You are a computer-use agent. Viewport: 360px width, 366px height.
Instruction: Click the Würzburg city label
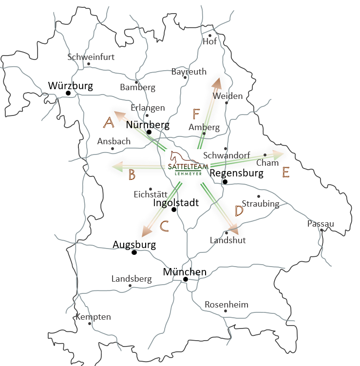point(71,86)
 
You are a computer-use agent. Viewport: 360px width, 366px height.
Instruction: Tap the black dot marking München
point(186,279)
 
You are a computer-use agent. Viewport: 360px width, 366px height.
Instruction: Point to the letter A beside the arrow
point(109,122)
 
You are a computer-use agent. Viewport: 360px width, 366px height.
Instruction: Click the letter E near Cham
point(286,172)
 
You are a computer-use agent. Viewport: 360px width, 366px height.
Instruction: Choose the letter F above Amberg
point(196,114)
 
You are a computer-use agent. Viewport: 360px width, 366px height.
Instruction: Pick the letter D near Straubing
point(239,211)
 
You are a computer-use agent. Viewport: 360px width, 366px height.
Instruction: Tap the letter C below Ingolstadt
point(165,226)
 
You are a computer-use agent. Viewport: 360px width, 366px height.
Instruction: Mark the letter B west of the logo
point(132,175)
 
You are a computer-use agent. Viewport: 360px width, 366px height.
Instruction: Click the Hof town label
point(209,42)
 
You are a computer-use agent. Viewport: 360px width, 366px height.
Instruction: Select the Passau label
point(321,224)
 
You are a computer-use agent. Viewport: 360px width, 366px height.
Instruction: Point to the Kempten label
point(93,317)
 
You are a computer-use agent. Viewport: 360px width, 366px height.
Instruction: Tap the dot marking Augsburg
point(134,252)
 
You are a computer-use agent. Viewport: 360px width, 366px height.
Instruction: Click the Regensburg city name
point(237,173)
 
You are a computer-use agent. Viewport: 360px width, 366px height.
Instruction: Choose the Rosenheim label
point(226,305)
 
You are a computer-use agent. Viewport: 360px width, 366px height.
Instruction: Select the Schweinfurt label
point(91,57)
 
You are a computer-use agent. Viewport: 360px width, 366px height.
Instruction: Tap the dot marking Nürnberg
point(149,132)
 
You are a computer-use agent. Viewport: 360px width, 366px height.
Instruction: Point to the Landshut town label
point(227,240)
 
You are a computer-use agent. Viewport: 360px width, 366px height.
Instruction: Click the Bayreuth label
point(189,72)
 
